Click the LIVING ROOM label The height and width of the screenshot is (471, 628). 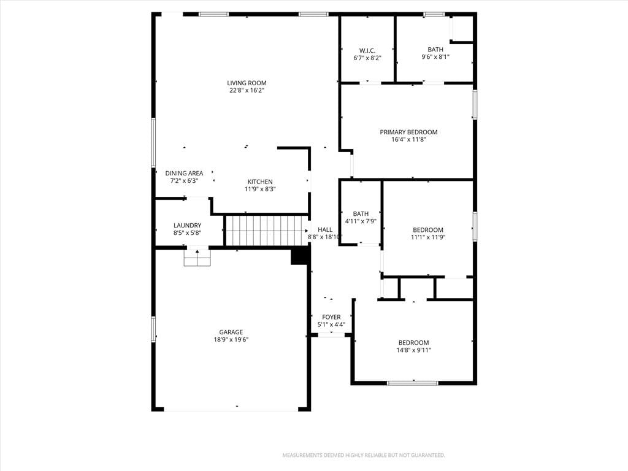tap(247, 83)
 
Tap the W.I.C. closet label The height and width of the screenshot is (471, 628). tap(367, 50)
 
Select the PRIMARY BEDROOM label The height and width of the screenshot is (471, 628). tap(408, 132)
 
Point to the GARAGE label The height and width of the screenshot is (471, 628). tap(231, 332)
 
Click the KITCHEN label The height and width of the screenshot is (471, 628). tap(260, 182)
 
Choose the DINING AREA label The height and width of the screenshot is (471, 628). tap(184, 174)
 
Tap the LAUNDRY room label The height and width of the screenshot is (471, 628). tap(188, 226)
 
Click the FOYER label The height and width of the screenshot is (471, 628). tap(332, 317)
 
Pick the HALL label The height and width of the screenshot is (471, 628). tap(325, 229)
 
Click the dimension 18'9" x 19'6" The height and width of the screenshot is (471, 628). tap(231, 340)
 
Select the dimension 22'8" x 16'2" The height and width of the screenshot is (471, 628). tap(247, 91)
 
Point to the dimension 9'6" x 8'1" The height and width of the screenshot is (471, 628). tap(435, 57)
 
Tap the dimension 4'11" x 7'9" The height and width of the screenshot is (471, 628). tap(361, 221)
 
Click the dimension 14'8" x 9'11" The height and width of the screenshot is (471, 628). tap(414, 350)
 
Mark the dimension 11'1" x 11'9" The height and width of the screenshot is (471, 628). tap(428, 237)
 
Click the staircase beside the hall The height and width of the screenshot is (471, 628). tap(266, 231)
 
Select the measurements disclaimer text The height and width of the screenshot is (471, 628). tap(364, 456)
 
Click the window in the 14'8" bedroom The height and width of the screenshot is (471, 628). tap(413, 383)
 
